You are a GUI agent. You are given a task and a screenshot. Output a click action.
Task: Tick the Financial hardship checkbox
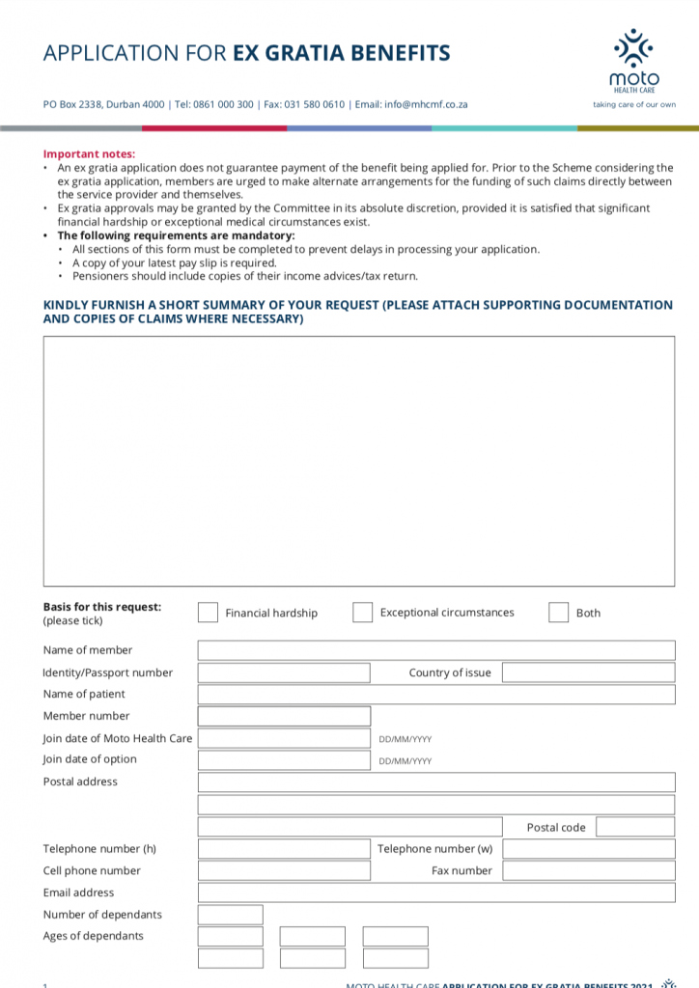[x=208, y=613]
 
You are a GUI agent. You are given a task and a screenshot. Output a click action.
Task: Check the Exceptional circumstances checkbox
[x=362, y=613]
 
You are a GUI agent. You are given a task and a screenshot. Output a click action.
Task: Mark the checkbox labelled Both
[x=558, y=613]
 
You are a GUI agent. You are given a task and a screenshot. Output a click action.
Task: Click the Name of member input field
[x=435, y=650]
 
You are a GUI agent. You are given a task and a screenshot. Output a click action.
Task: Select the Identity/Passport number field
[x=284, y=672]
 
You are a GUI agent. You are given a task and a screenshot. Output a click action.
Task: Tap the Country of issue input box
[x=588, y=672]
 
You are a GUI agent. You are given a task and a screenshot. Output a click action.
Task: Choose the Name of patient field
[x=435, y=695]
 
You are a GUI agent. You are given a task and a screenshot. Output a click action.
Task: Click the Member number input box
[x=284, y=716]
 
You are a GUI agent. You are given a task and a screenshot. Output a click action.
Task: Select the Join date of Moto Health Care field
[x=284, y=738]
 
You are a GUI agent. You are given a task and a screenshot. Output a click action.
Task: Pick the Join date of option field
[x=284, y=760]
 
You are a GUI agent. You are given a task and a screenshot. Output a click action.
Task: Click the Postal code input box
[x=634, y=827]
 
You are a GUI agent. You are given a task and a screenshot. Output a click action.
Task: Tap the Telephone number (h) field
[x=284, y=849]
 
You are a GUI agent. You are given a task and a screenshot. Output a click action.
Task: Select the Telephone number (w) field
[x=588, y=849]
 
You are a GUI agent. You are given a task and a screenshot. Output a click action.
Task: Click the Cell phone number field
[x=284, y=870]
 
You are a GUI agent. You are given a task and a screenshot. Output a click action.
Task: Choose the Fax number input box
[x=588, y=870]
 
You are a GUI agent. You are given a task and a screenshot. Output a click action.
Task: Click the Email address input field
[x=435, y=892]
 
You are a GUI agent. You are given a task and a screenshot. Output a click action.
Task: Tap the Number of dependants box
[x=230, y=915]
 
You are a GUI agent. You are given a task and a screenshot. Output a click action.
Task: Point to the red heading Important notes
[x=89, y=154]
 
